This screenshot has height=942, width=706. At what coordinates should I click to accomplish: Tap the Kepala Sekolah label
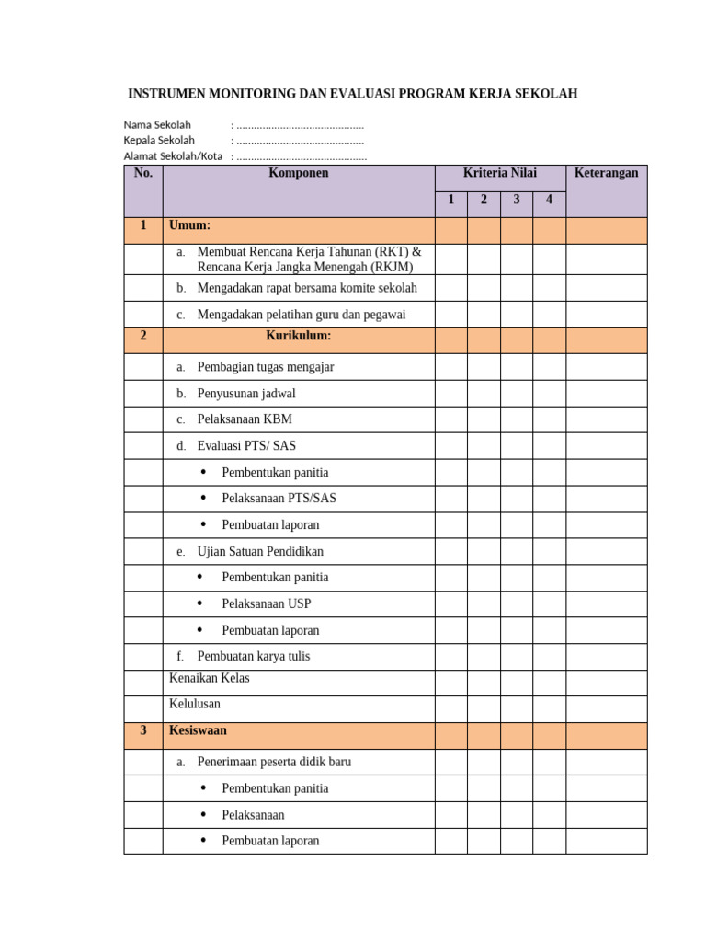[159, 141]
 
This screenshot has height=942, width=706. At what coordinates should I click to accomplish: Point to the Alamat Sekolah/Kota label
[173, 156]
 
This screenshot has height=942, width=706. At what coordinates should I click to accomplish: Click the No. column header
[142, 173]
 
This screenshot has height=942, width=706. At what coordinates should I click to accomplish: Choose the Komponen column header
[298, 173]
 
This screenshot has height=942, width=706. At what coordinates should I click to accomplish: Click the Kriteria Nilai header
[499, 173]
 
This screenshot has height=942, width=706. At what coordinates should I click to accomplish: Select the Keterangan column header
[606, 173]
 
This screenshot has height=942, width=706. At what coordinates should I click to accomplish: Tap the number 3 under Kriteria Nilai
[517, 201]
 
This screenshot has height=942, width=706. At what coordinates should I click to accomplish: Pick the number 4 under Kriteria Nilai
[549, 201]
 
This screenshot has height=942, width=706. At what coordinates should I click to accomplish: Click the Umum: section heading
[190, 225]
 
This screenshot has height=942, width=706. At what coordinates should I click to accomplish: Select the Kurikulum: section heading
[298, 336]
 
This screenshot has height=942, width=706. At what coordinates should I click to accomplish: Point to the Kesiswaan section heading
[198, 730]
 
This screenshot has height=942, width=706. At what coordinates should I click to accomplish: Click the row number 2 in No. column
[142, 336]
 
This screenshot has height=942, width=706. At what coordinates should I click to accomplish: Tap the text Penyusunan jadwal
[246, 394]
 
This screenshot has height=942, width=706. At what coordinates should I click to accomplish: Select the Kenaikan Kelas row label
[210, 678]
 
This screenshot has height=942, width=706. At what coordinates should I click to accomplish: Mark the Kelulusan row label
[195, 704]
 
